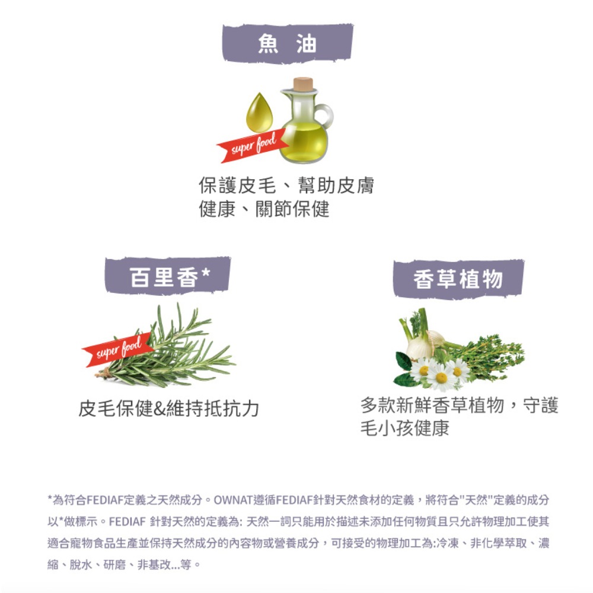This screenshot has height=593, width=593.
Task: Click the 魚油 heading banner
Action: (x=288, y=43)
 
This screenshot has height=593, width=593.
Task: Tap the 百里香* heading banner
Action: (x=168, y=276)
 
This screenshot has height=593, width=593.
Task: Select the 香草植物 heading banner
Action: (x=458, y=279)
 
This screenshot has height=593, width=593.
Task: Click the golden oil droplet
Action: (x=260, y=113)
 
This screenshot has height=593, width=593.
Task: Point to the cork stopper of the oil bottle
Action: (x=303, y=84)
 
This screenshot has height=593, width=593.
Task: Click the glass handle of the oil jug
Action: (x=325, y=116)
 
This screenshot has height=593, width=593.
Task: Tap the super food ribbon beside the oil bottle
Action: (x=253, y=146)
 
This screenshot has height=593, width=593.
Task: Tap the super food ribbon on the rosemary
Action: (x=118, y=350)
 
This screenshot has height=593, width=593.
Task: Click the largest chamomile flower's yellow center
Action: (x=441, y=377)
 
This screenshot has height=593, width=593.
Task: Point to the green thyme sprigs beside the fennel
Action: (x=488, y=355)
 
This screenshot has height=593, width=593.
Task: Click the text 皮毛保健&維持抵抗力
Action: (x=168, y=409)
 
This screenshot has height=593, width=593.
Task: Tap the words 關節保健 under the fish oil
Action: (x=292, y=209)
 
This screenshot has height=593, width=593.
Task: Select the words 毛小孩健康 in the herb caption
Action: (x=404, y=428)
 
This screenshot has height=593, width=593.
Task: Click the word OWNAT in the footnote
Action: (x=233, y=500)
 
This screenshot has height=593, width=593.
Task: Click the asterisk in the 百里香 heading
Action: (x=205, y=272)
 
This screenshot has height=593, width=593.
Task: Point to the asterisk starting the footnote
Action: (x=50, y=498)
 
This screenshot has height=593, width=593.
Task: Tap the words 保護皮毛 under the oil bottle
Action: (x=237, y=185)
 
